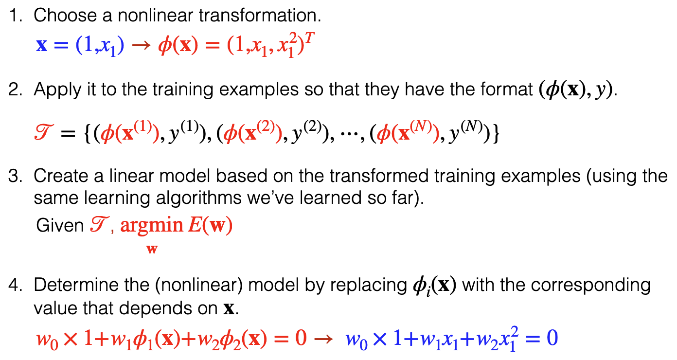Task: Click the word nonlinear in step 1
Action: point(155,15)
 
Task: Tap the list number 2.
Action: point(15,90)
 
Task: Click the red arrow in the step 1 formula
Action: point(141,46)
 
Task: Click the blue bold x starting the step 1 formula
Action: point(42,46)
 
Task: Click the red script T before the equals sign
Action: point(44,132)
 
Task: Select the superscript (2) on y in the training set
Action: point(312,126)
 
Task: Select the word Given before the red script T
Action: point(59,225)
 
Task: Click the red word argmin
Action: point(152,226)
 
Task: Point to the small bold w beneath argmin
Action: point(152,250)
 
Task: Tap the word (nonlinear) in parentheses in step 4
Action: point(199,285)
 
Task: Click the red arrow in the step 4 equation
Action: point(324,339)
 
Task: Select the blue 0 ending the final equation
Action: point(552,338)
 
